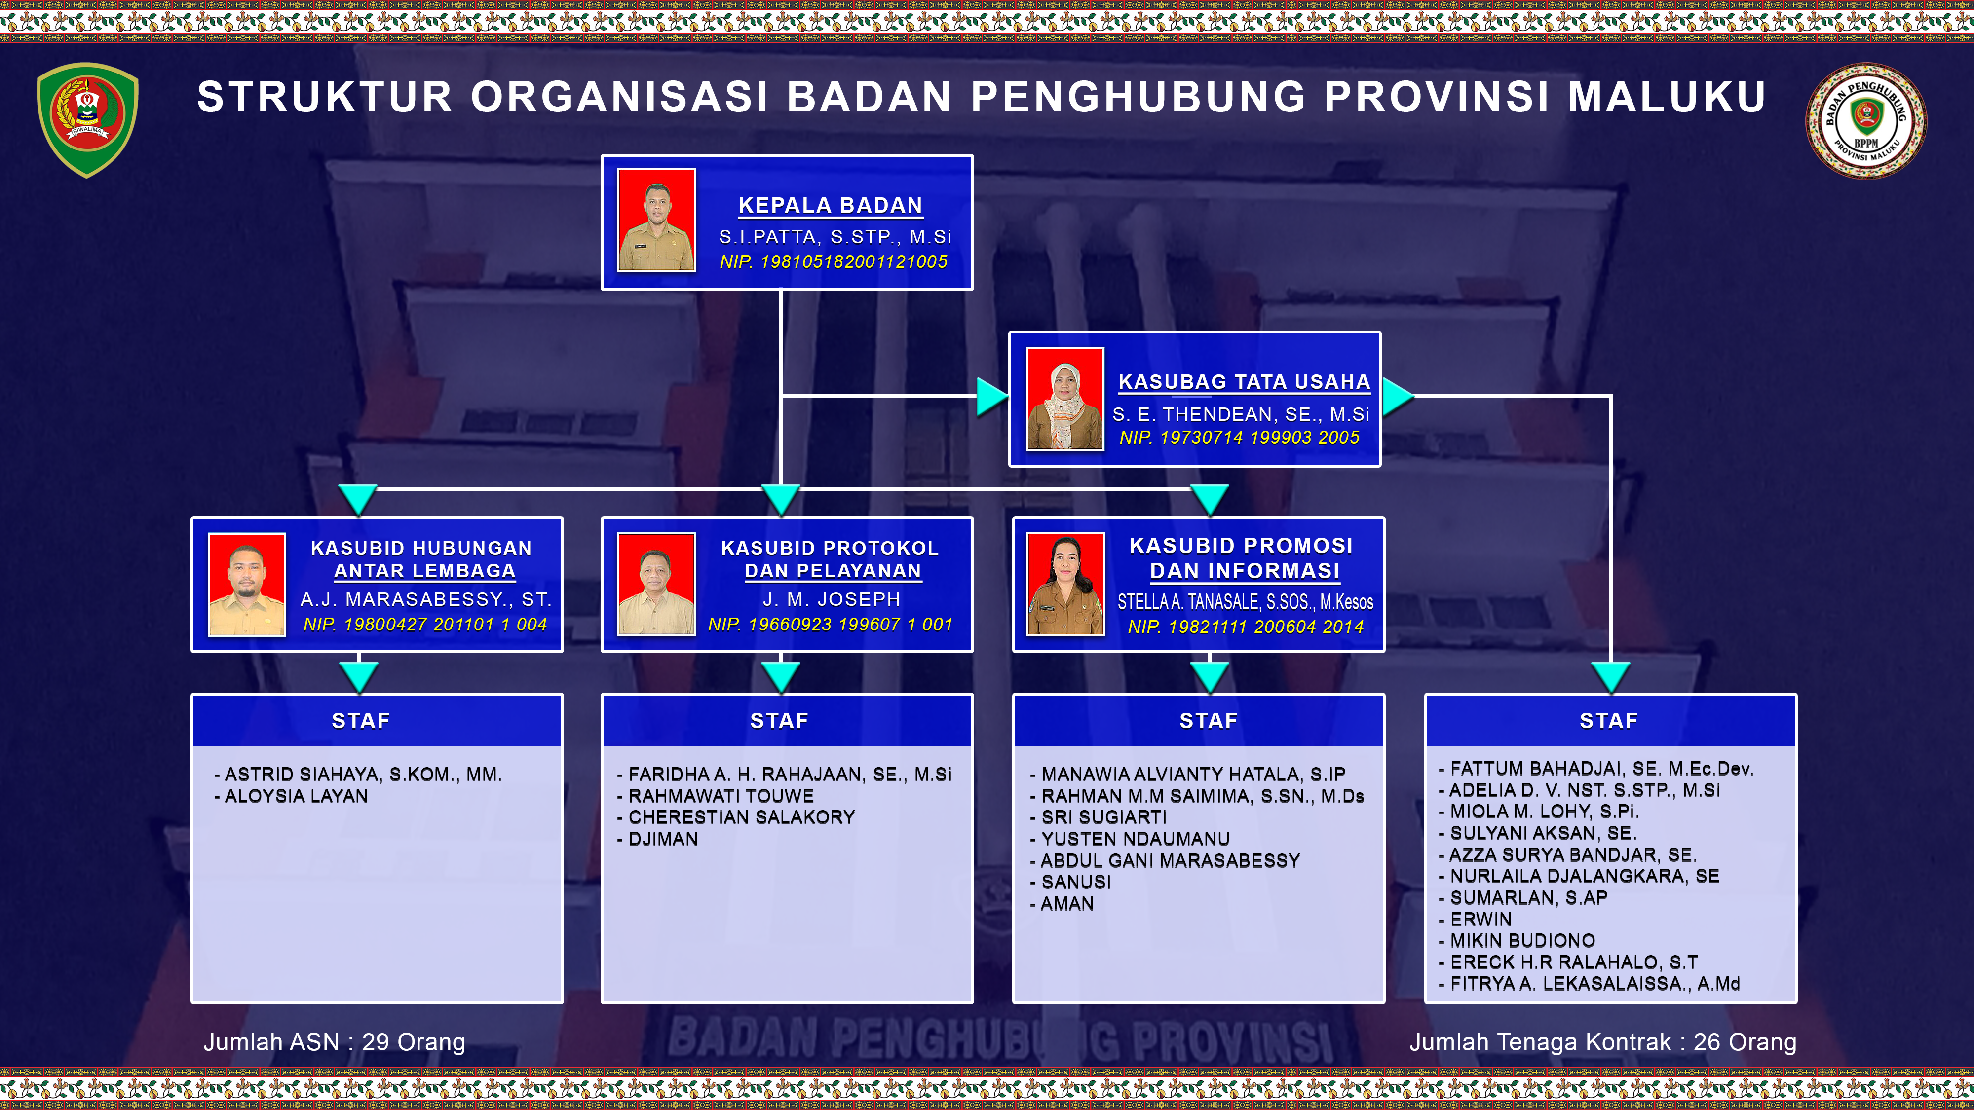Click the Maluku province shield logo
(x=87, y=119)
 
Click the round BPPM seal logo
(x=1865, y=121)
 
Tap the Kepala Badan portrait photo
(x=657, y=220)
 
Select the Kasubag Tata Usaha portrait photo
(x=1065, y=398)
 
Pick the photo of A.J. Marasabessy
(x=247, y=585)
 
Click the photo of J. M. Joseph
(x=657, y=585)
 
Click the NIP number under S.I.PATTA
(x=833, y=262)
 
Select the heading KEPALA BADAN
(x=831, y=205)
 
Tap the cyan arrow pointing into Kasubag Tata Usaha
(x=993, y=397)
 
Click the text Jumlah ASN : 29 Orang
(x=334, y=1042)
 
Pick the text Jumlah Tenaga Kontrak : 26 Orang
(x=1603, y=1042)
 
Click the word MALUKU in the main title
(x=1667, y=97)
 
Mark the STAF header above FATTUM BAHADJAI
(x=1608, y=721)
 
